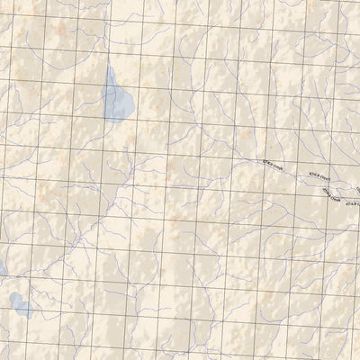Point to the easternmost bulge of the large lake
(x=132, y=106)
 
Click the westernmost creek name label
(x=271, y=165)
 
